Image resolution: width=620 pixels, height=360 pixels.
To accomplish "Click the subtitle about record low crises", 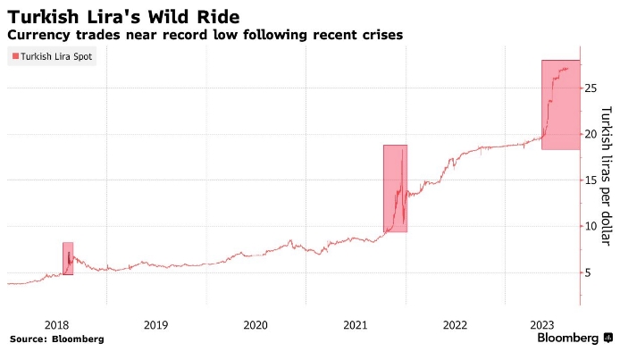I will pyautogui.click(x=205, y=35).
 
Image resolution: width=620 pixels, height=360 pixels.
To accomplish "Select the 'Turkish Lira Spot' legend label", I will pyautogui.click(x=55, y=56).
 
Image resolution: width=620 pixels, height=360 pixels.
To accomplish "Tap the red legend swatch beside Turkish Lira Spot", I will pyautogui.click(x=13, y=56).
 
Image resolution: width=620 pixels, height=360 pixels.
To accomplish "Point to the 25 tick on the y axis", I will pyautogui.click(x=590, y=88).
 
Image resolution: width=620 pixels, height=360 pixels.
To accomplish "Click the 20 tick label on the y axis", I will pyautogui.click(x=590, y=134).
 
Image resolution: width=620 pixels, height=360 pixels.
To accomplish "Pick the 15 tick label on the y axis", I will pyautogui.click(x=590, y=180).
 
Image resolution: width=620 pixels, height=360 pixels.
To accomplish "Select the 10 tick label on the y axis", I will pyautogui.click(x=590, y=226).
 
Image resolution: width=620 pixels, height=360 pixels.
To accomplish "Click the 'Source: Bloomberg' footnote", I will pyautogui.click(x=57, y=339).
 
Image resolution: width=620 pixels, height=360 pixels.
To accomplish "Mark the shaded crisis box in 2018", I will pyautogui.click(x=68, y=258).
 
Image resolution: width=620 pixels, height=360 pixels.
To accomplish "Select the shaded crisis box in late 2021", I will pyautogui.click(x=395, y=188).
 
